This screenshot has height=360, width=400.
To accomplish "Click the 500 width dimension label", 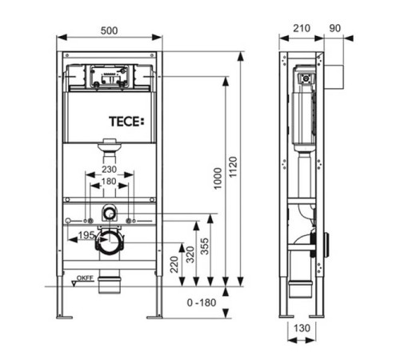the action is click(109, 30).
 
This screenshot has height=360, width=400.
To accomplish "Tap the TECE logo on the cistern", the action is click(126, 122).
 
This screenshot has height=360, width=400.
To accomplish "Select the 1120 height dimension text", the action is click(233, 167).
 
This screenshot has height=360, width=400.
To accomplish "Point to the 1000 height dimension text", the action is click(218, 178).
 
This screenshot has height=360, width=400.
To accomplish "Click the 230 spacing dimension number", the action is click(109, 169).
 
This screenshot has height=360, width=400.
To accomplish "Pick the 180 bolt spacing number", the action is click(109, 182).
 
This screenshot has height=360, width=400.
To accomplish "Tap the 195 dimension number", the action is click(86, 235).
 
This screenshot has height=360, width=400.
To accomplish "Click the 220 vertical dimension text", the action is click(174, 264).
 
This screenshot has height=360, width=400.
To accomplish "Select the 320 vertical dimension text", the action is click(190, 254).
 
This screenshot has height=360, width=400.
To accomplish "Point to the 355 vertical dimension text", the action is click(205, 246).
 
